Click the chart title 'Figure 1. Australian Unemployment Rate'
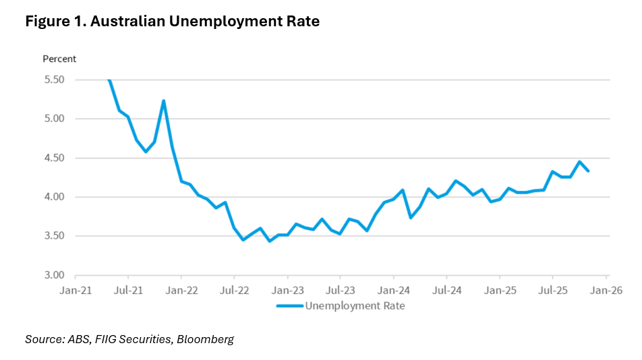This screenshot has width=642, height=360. coord(172,22)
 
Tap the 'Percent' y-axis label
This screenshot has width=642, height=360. coord(59,59)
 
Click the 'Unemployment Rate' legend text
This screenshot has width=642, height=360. coord(355,305)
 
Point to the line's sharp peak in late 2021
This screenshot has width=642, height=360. coord(163,101)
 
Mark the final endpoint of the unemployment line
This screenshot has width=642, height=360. coord(588,171)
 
